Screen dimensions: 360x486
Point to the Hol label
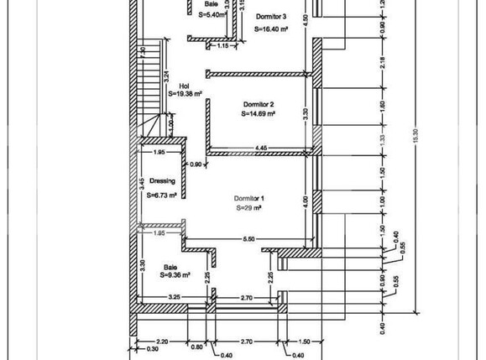click(185, 86)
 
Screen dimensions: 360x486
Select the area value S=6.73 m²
click(161, 195)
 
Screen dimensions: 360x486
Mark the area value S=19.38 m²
click(186, 95)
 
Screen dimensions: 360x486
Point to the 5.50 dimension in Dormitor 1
click(248, 240)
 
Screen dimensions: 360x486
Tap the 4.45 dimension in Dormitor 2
click(262, 147)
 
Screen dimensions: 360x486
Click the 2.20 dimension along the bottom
click(162, 342)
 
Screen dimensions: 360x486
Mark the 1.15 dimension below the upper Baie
click(222, 46)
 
